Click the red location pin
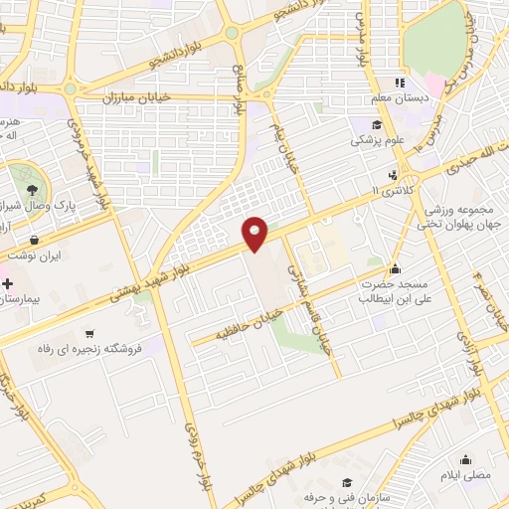256,233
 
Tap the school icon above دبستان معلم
401,83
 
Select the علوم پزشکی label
377,141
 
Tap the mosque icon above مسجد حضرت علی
396,268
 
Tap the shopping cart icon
89,333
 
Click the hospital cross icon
8,284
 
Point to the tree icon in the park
34,189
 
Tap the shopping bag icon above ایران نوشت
36,240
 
